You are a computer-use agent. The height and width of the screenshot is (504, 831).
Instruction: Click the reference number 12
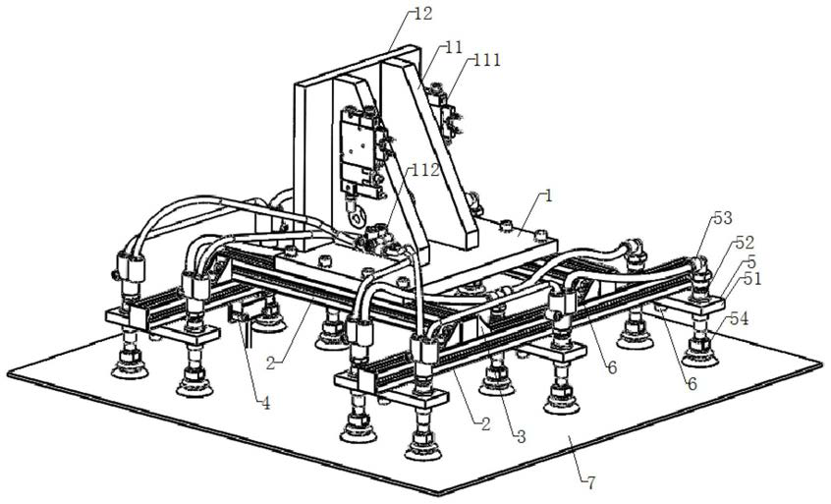pos(423,13)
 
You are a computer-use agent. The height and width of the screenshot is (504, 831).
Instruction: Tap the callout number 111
pos(487,59)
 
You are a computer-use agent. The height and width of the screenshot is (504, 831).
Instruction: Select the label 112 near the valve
pos(425,170)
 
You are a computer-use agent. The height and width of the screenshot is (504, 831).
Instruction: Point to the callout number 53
pos(723,218)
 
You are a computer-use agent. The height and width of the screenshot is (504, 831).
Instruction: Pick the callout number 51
pos(751,278)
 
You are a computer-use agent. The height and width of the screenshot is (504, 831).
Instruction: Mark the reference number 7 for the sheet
pos(590,481)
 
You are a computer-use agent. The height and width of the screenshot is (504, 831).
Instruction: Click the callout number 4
pos(265,404)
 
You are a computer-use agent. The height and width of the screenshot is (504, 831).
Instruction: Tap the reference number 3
pos(521,436)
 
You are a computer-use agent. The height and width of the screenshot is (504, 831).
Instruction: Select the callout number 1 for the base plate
pos(548,196)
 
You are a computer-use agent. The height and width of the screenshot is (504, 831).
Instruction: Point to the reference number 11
pos(454,48)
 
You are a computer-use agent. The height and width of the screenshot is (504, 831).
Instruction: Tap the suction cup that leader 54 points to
pos(700,354)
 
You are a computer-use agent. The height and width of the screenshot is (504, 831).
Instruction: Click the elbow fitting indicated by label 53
pos(699,266)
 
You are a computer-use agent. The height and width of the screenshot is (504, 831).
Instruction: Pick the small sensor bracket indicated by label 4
pos(243,312)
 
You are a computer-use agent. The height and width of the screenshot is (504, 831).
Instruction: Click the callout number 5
pos(751,261)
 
